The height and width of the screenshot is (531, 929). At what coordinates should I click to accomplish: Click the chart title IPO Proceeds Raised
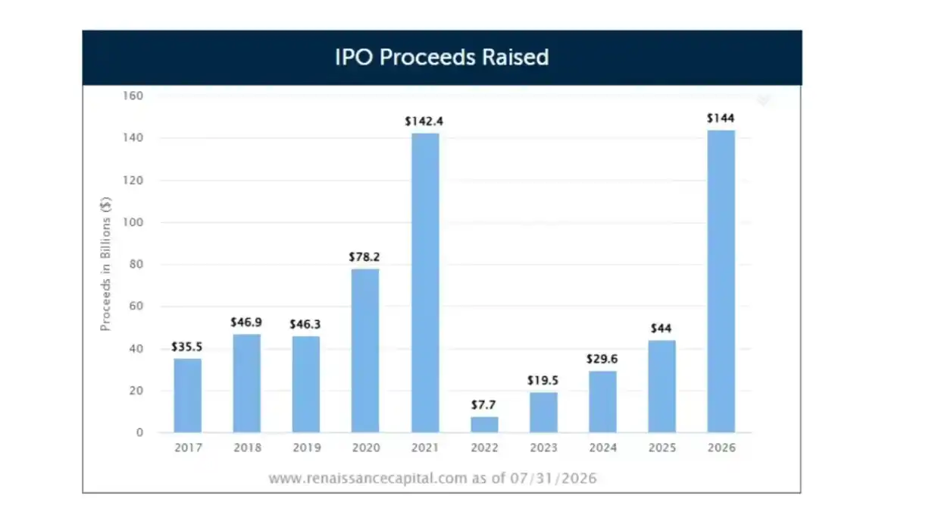coord(442,57)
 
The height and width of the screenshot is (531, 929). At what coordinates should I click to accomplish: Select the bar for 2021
coord(425,283)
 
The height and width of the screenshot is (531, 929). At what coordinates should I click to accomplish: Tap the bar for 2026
coord(721,281)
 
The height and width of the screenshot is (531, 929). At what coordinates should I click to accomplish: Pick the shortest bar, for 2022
coord(484,425)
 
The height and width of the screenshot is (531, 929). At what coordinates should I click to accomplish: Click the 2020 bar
coord(365,350)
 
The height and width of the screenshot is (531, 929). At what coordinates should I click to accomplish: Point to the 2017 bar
coord(187,396)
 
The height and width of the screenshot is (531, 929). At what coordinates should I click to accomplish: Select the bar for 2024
coord(602,402)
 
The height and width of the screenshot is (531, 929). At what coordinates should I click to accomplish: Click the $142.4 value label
coord(424,121)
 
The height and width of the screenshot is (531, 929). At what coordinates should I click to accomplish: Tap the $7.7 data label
coord(483,405)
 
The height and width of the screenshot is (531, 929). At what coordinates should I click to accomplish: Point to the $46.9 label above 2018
coord(246,322)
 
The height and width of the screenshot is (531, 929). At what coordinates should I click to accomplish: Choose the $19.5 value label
coord(543,380)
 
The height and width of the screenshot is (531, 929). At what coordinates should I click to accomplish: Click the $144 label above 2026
coord(721,118)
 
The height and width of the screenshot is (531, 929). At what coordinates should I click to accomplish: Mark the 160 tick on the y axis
coord(133,96)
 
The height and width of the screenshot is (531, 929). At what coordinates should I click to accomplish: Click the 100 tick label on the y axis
coord(133,222)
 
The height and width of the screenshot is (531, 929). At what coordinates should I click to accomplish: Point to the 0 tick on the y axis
coord(139,432)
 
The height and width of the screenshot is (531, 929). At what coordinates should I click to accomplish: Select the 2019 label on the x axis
coord(307,448)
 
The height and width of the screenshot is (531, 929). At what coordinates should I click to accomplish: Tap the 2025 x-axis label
coord(662,448)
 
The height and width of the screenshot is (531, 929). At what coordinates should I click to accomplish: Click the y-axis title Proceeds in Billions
coord(106,264)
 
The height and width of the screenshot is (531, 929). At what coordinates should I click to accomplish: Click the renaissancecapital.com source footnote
coord(433,478)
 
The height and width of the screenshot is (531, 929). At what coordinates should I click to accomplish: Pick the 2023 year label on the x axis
coord(544,448)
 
